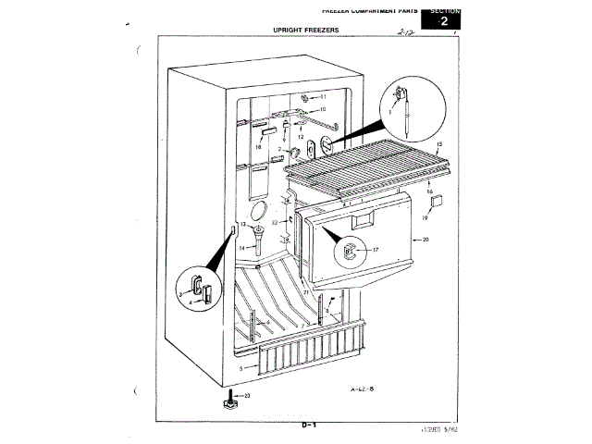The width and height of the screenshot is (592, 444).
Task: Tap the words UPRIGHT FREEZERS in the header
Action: pyautogui.click(x=305, y=31)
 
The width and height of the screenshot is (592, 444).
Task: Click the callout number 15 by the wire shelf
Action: pyautogui.click(x=438, y=145)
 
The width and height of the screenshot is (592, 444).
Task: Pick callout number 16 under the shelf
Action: pyautogui.click(x=429, y=191)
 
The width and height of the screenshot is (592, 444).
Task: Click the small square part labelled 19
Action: pyautogui.click(x=438, y=200)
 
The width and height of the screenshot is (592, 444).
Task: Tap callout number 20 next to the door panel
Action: pyautogui.click(x=425, y=240)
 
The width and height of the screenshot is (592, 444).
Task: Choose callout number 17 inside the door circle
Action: pyautogui.click(x=376, y=250)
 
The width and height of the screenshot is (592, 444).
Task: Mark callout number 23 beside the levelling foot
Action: pyautogui.click(x=247, y=395)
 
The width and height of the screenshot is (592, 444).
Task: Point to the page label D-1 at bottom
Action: pyautogui.click(x=309, y=425)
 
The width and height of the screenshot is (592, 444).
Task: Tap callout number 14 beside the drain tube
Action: pyautogui.click(x=242, y=248)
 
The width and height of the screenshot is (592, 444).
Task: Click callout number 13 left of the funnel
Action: pyautogui.click(x=243, y=225)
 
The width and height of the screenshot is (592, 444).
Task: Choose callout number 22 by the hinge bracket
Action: pyautogui.click(x=274, y=223)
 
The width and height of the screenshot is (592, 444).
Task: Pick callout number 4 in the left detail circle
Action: pyautogui.click(x=191, y=302)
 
